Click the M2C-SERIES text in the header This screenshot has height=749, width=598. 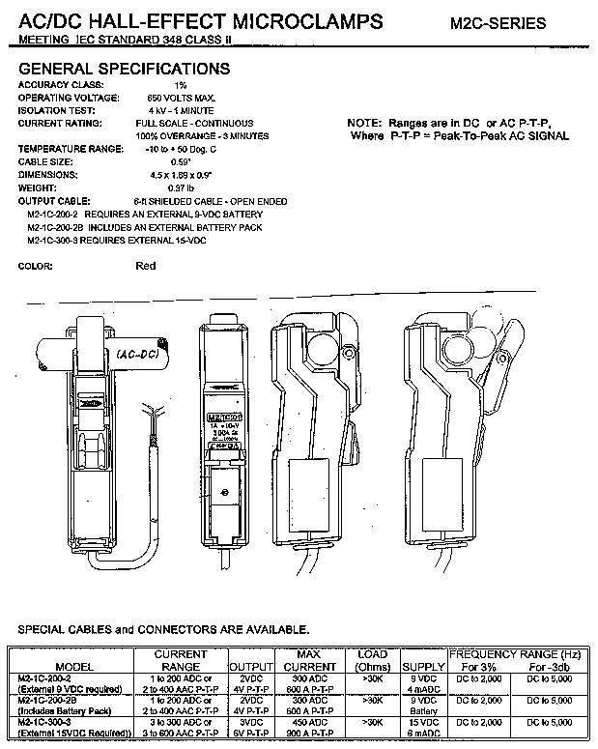click(x=497, y=23)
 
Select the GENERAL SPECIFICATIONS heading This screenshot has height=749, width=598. click(x=125, y=69)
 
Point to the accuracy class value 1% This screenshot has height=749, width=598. click(x=154, y=85)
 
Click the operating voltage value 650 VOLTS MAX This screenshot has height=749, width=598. click(x=181, y=98)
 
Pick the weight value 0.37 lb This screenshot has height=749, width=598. click(x=157, y=187)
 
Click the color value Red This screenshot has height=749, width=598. click(x=146, y=265)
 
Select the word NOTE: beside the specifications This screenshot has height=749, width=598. click(x=364, y=124)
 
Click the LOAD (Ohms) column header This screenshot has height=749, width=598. click(x=373, y=660)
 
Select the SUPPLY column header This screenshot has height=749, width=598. click(x=422, y=667)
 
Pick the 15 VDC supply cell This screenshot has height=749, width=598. click(x=422, y=721)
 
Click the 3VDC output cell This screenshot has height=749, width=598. click(x=250, y=721)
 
